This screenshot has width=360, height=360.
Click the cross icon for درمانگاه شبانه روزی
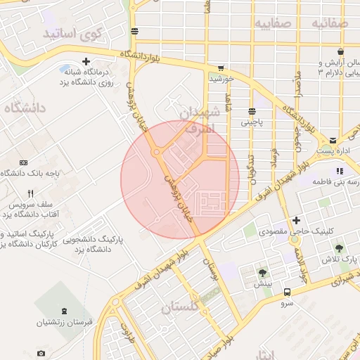click(86, 62)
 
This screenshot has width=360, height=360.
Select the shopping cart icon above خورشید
click(221, 68)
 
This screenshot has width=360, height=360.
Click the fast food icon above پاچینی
click(252, 111)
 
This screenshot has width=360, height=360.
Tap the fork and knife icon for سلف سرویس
click(30, 193)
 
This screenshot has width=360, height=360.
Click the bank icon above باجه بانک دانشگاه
click(24, 162)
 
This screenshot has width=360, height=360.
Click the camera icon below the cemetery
click(41, 353)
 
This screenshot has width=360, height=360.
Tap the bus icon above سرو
click(287, 292)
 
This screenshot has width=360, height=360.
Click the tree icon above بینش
click(263, 273)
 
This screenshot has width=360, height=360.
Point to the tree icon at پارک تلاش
click(340, 249)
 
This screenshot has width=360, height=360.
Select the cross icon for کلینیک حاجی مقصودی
click(297, 221)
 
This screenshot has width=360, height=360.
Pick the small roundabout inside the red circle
click(156, 152)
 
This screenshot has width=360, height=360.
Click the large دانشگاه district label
click(25, 108)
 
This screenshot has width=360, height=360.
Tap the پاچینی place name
click(251, 122)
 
